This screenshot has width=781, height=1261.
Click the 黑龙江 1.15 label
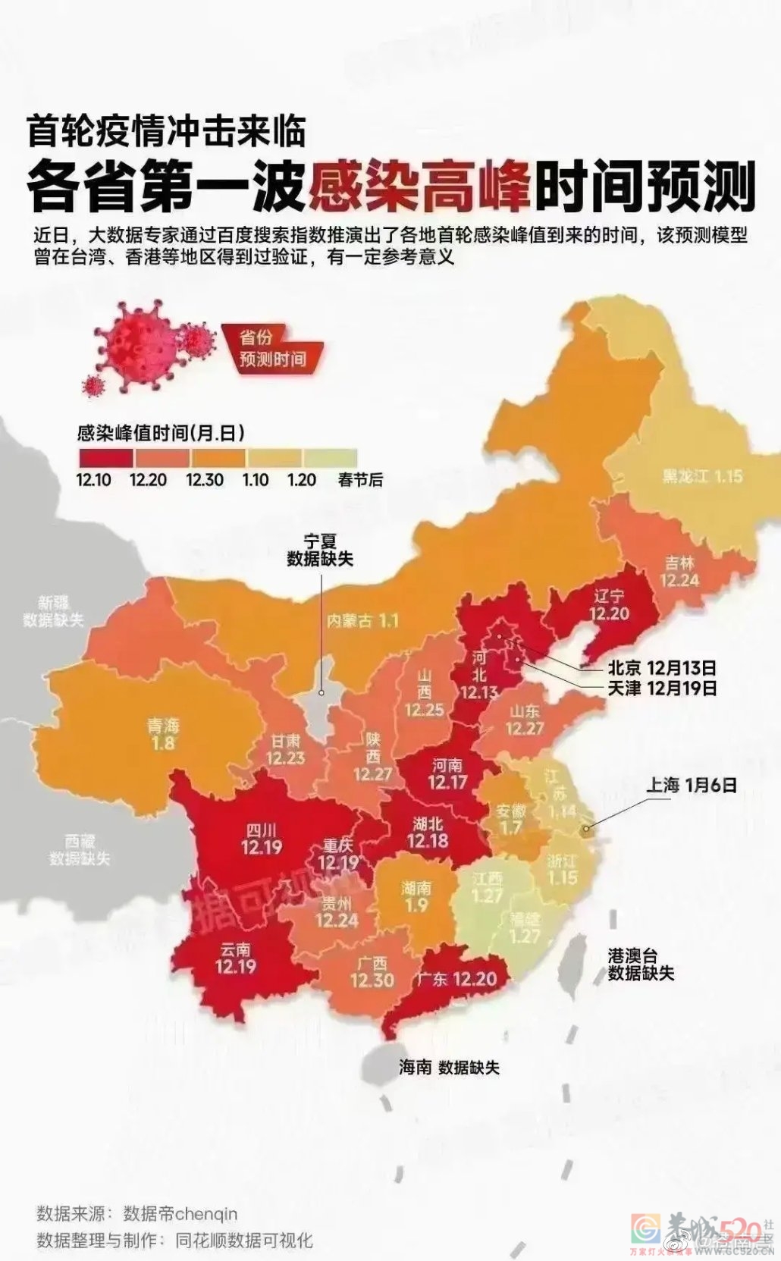pyautogui.click(x=702, y=476)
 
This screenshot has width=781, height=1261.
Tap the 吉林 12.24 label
pyautogui.click(x=679, y=572)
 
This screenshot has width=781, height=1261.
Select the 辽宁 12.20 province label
pyautogui.click(x=609, y=605)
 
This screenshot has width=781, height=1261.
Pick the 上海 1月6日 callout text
pyautogui.click(x=691, y=785)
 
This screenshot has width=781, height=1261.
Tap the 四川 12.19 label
pyautogui.click(x=262, y=839)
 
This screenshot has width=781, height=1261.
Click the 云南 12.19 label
pyautogui.click(x=236, y=958)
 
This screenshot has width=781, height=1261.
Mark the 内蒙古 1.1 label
pyautogui.click(x=362, y=621)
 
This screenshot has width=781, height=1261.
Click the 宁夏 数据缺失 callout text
pyautogui.click(x=319, y=551)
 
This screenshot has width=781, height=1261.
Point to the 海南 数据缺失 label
pyautogui.click(x=449, y=1068)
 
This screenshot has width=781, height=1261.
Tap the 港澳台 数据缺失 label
pyautogui.click(x=640, y=965)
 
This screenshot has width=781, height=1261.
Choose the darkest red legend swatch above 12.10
pyautogui.click(x=105, y=458)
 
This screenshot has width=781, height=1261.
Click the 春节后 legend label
pyautogui.click(x=360, y=480)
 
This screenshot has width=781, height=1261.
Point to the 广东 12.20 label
pyautogui.click(x=456, y=979)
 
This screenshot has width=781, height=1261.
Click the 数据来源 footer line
pyautogui.click(x=137, y=1214)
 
